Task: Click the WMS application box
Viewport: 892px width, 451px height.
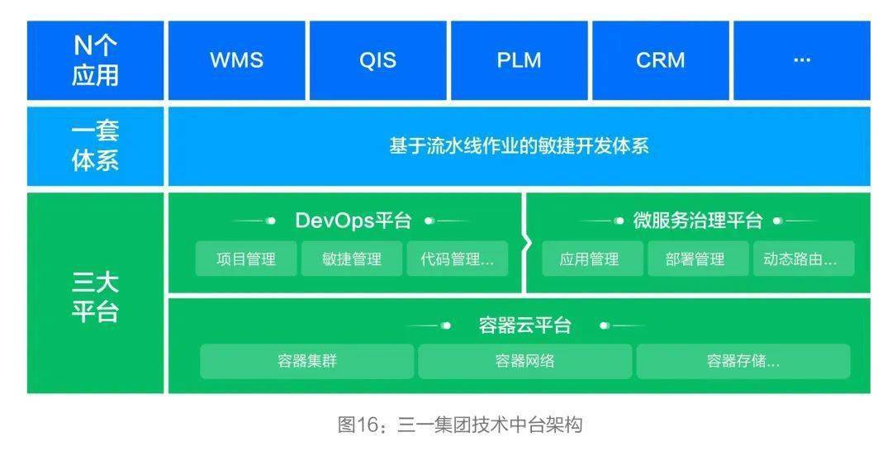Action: [x=236, y=60]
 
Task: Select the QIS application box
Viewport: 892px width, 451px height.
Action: [x=377, y=60]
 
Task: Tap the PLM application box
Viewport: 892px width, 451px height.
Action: [x=519, y=60]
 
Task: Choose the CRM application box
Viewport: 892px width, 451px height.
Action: [x=660, y=60]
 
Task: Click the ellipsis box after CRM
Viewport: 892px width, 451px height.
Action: [x=801, y=60]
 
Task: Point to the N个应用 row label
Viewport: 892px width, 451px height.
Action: [x=95, y=60]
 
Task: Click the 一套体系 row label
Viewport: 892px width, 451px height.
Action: [x=95, y=145]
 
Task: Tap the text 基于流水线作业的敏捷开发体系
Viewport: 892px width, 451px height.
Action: [x=519, y=146]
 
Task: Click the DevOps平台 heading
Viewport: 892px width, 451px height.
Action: [x=353, y=221]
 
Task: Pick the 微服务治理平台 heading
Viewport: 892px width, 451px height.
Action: [x=697, y=221]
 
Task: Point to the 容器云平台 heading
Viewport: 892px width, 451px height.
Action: [x=524, y=325]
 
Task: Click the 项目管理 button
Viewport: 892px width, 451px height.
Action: [x=246, y=259]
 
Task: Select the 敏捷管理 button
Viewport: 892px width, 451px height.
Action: [x=352, y=259]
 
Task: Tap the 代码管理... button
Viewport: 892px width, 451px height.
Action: [x=457, y=259]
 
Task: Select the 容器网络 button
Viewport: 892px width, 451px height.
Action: [x=524, y=361]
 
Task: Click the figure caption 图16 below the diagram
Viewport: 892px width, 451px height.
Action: [x=460, y=425]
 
